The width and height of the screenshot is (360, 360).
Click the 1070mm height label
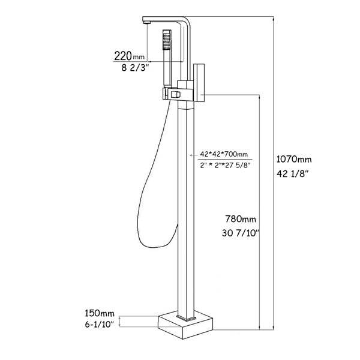pyautogui.click(x=293, y=159)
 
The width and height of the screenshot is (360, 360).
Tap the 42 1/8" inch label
pyautogui.click(x=292, y=174)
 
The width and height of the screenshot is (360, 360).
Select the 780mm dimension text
pyautogui.click(x=241, y=219)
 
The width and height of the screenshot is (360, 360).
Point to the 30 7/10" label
pyautogui.click(x=241, y=233)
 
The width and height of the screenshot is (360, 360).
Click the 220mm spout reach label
pyautogui.click(x=130, y=56)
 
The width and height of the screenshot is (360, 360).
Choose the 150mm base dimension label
pyautogui.click(x=100, y=313)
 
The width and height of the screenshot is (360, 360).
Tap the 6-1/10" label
pyautogui.click(x=100, y=325)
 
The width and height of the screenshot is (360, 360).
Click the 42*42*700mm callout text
pyautogui.click(x=224, y=154)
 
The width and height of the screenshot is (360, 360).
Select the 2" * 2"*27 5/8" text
pyautogui.click(x=225, y=165)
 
